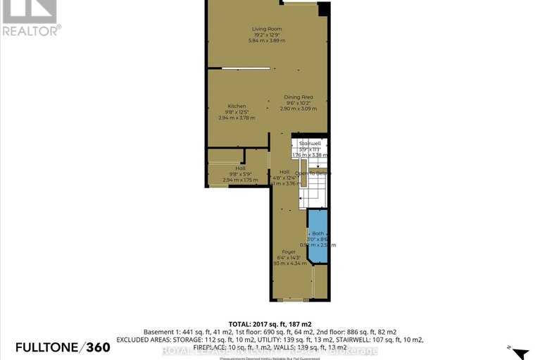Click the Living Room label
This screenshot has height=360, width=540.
click(x=267, y=29)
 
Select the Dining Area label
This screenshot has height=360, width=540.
click(x=298, y=97)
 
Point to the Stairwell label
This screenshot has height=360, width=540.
click(x=310, y=143)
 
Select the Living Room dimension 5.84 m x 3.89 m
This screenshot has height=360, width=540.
click(x=267, y=41)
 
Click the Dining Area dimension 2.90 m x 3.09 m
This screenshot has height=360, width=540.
click(x=298, y=108)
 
